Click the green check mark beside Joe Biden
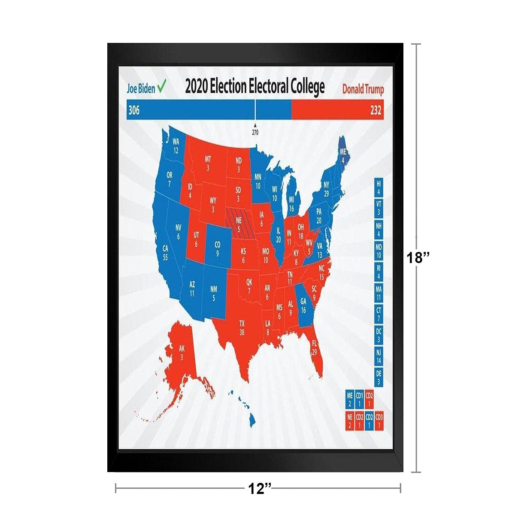[162, 88]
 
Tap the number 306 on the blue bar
[134, 111]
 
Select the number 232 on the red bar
[376, 111]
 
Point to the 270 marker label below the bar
[255, 132]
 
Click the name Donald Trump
[363, 89]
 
